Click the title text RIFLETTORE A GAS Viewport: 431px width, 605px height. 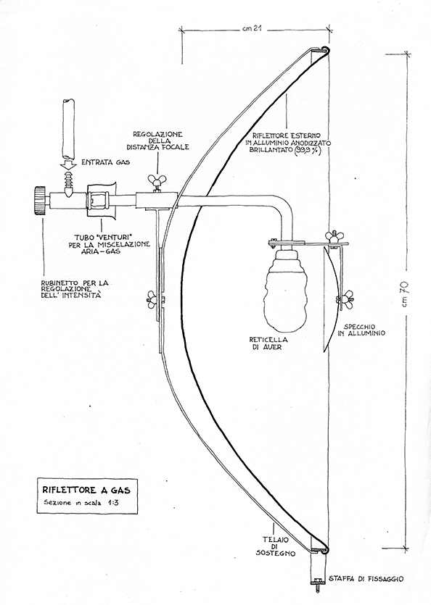tap(86, 491)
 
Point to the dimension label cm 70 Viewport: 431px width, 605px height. tap(406, 294)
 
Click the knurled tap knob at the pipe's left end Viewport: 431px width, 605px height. tap(38, 201)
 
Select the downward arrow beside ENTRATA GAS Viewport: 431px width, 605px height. tap(69, 166)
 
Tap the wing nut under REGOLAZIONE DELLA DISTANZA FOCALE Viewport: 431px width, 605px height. tap(157, 180)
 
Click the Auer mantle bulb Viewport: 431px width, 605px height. tap(286, 290)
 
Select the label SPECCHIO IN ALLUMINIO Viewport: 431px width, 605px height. tap(361, 330)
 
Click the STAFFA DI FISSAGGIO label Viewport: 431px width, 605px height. tap(366, 578)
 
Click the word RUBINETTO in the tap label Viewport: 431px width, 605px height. tap(59, 283)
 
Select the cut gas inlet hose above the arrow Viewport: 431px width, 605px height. tap(68, 130)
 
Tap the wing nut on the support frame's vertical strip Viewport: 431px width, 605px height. tap(154, 299)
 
